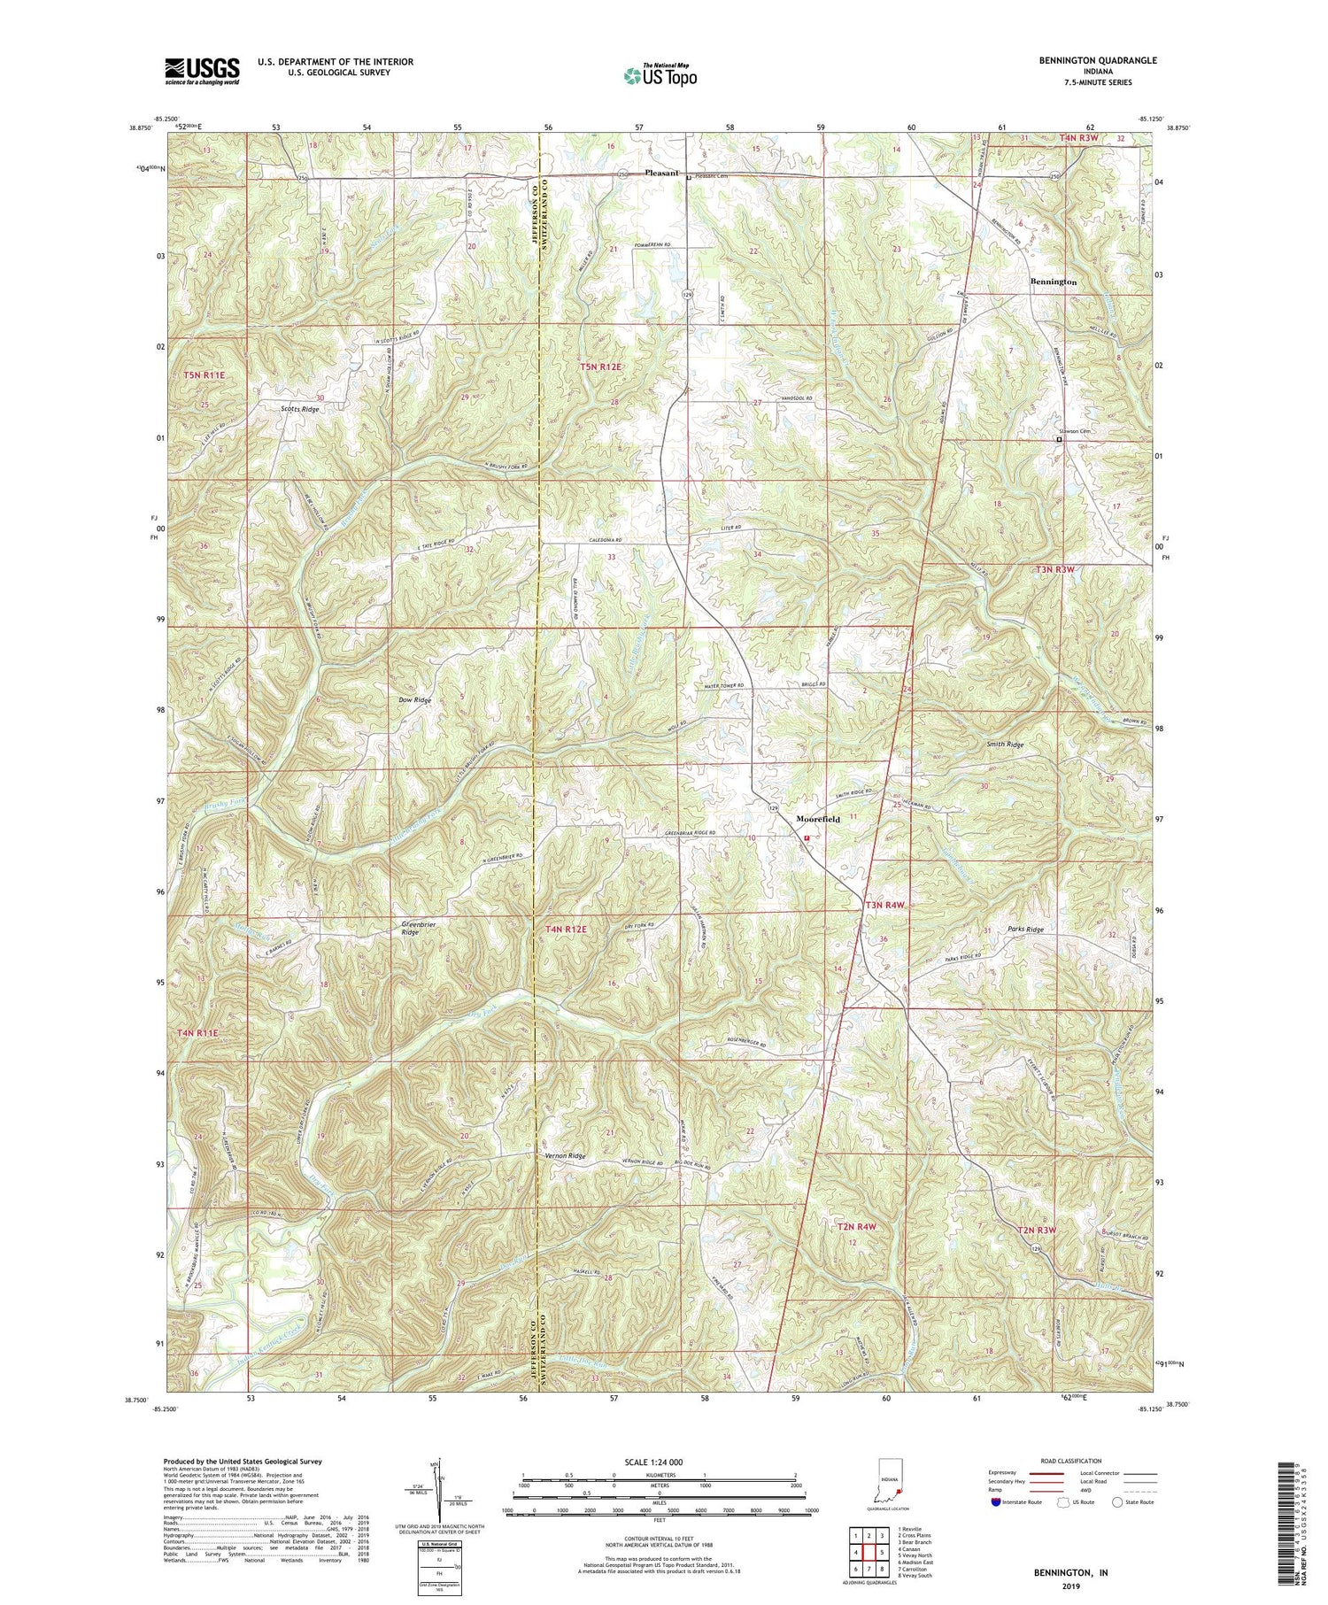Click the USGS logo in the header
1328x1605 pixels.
202,71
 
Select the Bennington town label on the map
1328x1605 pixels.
1054,282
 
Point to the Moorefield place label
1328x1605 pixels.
817,820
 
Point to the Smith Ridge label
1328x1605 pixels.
1006,745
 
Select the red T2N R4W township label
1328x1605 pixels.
856,1227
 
